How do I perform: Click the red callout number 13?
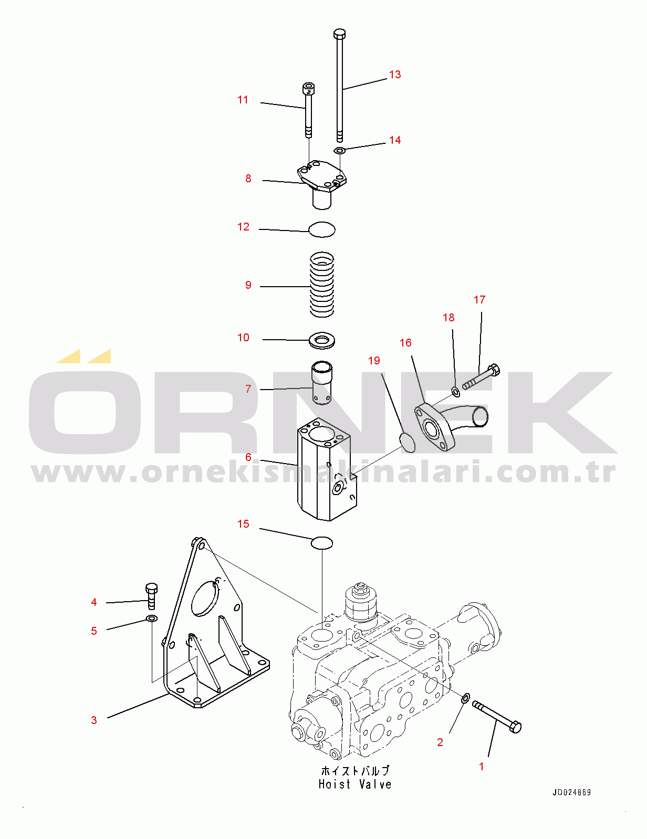[x=394, y=75]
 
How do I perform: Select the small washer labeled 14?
[x=339, y=150]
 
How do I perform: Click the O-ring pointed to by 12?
[x=322, y=229]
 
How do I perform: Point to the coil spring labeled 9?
[x=322, y=285]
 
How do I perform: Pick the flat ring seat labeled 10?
[x=322, y=341]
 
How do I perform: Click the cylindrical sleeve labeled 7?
[x=322, y=383]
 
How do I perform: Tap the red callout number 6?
[x=248, y=457]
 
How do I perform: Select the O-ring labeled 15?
[x=322, y=542]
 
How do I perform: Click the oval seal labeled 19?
[x=407, y=443]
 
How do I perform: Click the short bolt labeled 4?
[x=151, y=596]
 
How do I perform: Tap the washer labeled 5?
[x=152, y=619]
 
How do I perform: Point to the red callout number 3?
[x=94, y=720]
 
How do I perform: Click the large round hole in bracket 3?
[x=205, y=596]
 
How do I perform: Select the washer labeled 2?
[x=465, y=698]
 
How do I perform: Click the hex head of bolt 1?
[x=515, y=727]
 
